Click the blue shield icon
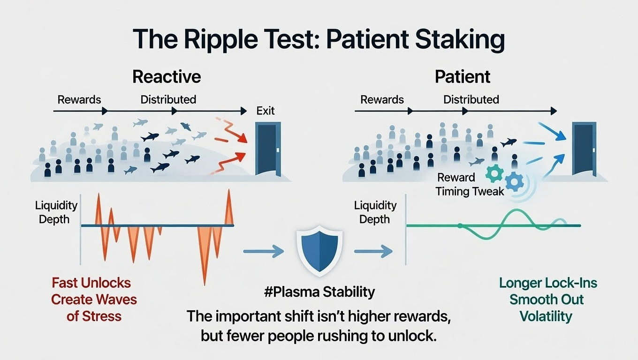pyautogui.click(x=319, y=251)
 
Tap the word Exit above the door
pyautogui.click(x=265, y=111)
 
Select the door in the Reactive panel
pyautogui.click(x=268, y=149)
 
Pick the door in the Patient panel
pyautogui.click(x=584, y=149)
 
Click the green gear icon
pyautogui.click(x=494, y=173)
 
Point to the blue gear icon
pyautogui.click(x=514, y=181)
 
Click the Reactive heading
pyautogui.click(x=167, y=76)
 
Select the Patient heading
pyautogui.click(x=463, y=76)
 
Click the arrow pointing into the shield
pyautogui.click(x=264, y=251)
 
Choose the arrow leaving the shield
pyautogui.click(x=373, y=251)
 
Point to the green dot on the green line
pyautogui.click(x=460, y=225)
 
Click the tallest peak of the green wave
pyautogui.click(x=516, y=210)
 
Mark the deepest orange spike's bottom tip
pyautogui.click(x=205, y=285)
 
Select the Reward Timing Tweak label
pyautogui.click(x=470, y=184)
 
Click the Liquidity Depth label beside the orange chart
pyautogui.click(x=56, y=212)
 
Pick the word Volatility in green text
pyautogui.click(x=546, y=316)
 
